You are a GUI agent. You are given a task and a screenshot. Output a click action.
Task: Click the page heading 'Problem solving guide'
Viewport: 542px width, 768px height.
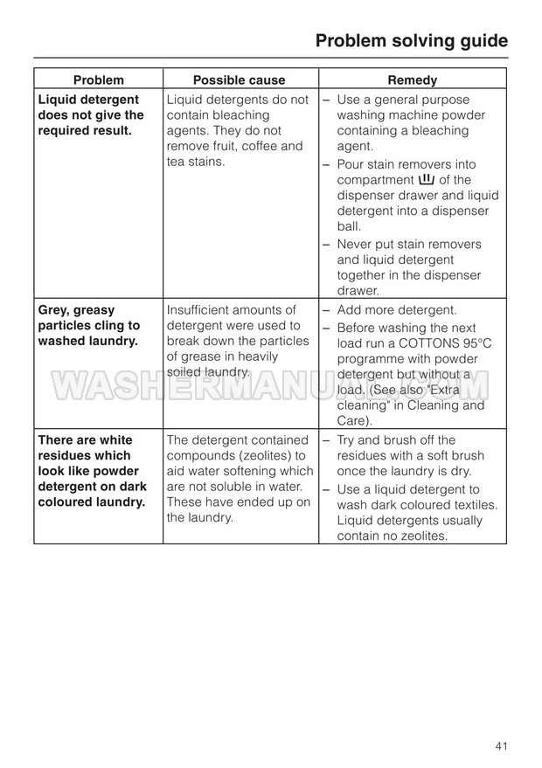411,41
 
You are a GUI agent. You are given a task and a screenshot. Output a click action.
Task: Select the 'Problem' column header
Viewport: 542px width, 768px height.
98,80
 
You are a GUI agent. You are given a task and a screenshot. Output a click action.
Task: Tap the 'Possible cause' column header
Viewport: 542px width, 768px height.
239,80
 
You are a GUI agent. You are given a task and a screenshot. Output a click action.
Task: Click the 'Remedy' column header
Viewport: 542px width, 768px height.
412,80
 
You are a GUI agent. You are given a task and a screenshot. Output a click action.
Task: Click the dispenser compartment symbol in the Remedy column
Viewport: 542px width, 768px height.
427,180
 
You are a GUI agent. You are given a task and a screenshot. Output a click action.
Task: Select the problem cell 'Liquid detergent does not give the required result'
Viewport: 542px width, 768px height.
91,115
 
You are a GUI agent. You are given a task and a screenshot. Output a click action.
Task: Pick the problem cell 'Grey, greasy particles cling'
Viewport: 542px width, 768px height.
88,326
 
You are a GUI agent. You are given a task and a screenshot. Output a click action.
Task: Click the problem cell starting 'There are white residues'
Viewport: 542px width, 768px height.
91,471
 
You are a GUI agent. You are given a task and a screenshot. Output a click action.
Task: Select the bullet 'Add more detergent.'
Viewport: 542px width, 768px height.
396,311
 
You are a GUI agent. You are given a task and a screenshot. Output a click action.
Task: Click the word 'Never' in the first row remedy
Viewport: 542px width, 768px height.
354,245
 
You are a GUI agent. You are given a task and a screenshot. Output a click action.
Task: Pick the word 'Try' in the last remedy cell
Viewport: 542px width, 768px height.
347,440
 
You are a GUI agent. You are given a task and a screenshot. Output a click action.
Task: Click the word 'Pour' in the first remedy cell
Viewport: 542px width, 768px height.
352,164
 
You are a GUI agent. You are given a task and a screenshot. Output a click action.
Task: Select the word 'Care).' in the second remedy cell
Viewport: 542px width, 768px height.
355,421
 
